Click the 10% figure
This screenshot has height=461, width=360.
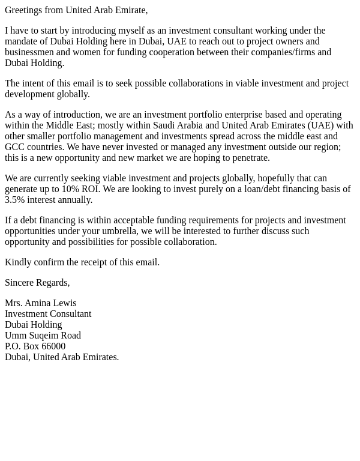[x=70, y=189]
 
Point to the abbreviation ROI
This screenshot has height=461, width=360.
[x=90, y=189]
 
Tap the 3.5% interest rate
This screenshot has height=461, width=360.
[x=15, y=200]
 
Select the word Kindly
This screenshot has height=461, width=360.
[x=17, y=262]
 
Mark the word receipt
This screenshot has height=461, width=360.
[x=99, y=262]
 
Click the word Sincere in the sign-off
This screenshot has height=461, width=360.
[x=20, y=283]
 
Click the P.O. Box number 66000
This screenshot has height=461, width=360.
[x=53, y=346]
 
